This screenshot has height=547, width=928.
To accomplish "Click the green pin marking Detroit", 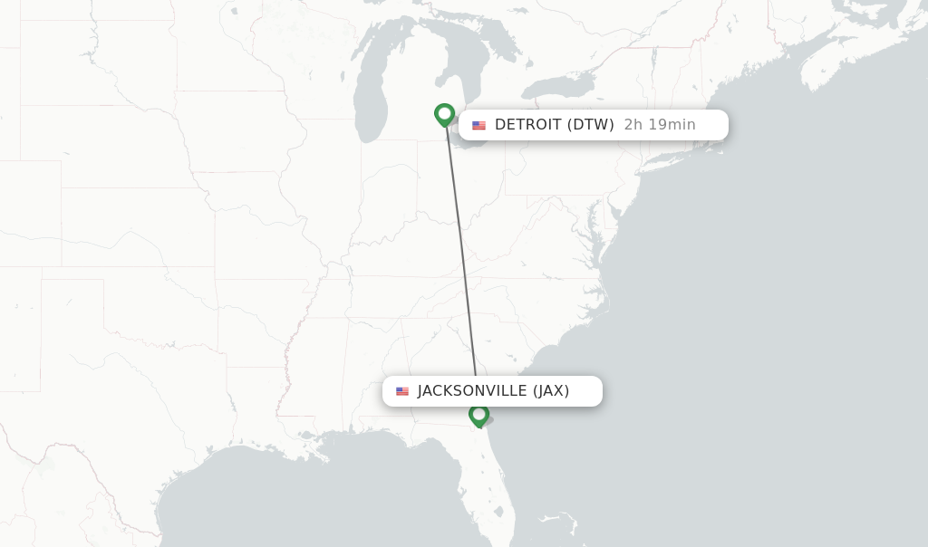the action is pos(444,114).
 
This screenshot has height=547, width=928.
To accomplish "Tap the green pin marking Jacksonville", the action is pos(479,415).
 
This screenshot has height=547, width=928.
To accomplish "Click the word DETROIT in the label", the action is pos(528,125).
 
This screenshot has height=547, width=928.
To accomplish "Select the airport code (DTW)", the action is pos(591,125).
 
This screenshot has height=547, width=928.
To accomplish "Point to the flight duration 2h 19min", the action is pos(660,125).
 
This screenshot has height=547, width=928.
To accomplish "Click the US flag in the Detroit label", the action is pos(478,126).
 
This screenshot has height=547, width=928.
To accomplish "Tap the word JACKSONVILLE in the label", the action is pos(472,391).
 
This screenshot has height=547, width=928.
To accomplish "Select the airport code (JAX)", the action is pos(551,391).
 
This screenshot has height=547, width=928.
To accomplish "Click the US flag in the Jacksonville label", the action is pos(402,391).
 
